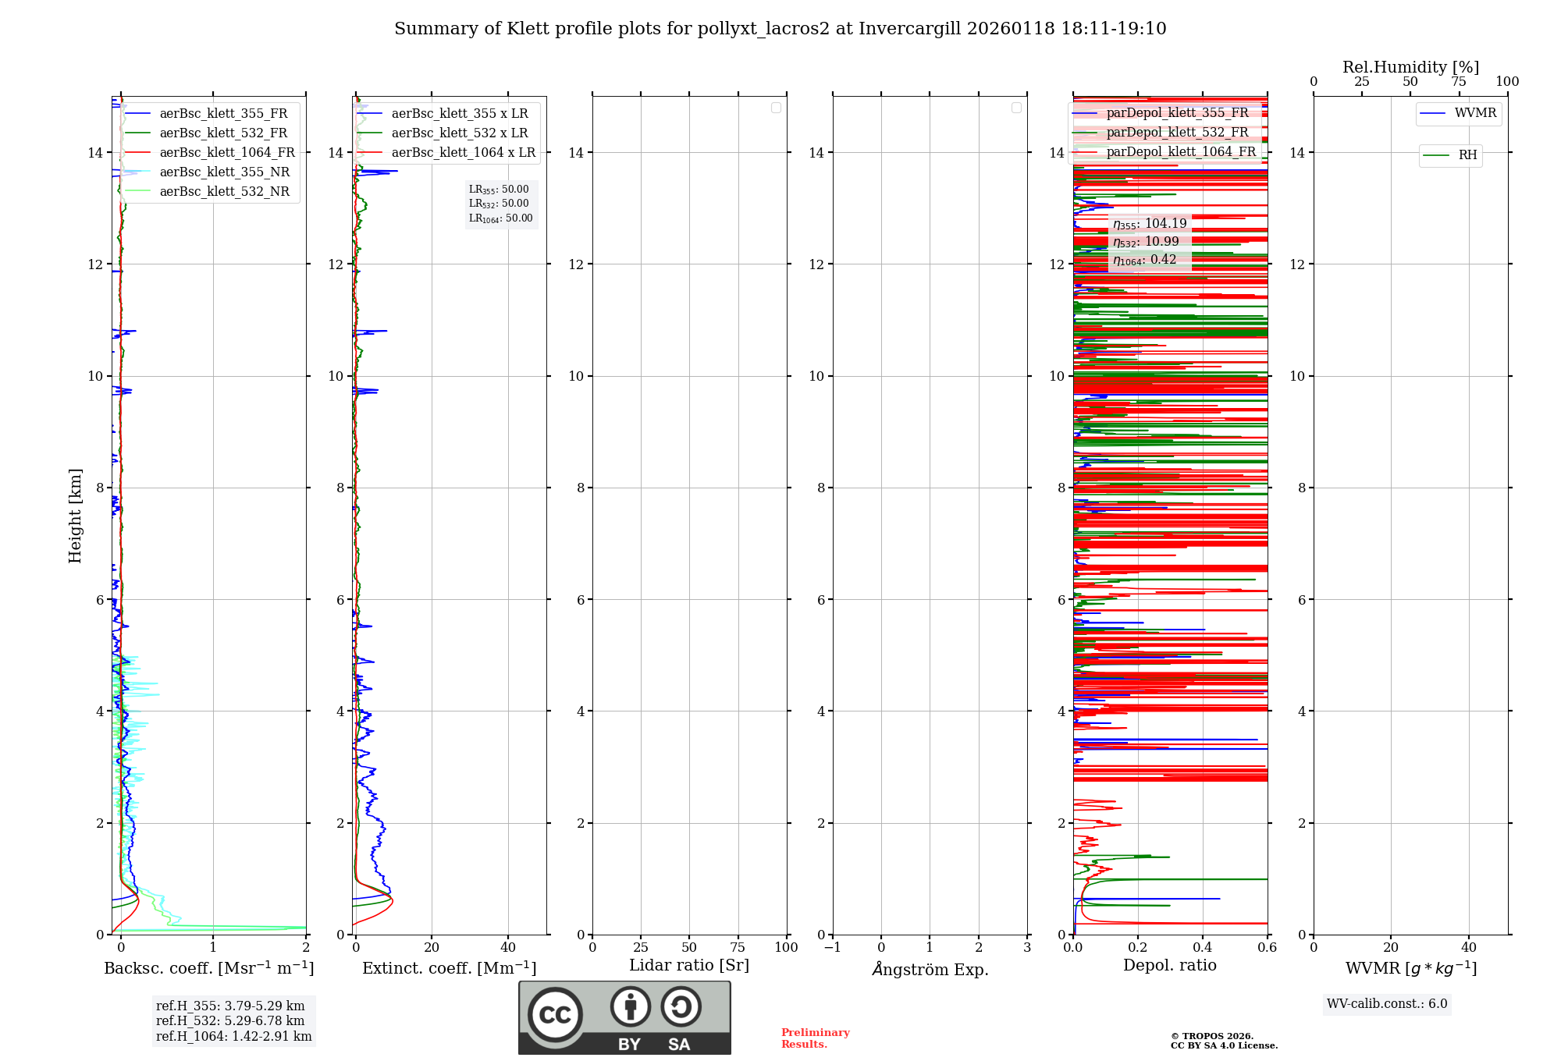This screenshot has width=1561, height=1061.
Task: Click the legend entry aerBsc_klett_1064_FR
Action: [x=227, y=153]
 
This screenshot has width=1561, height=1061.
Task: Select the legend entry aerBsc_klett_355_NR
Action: [x=224, y=172]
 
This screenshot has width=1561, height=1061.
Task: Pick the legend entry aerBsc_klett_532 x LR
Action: [x=459, y=133]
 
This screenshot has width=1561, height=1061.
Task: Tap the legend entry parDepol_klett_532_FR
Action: [x=1177, y=133]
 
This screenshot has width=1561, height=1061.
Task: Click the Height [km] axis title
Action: [x=75, y=516]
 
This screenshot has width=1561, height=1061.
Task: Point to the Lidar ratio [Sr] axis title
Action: [x=689, y=966]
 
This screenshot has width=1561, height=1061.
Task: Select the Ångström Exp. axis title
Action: [x=930, y=969]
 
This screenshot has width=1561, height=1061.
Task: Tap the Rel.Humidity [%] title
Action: [x=1410, y=67]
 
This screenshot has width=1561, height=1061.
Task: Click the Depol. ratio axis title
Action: [x=1169, y=966]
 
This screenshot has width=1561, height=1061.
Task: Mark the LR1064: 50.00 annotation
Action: [x=500, y=218]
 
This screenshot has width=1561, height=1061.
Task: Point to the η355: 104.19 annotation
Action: [x=1150, y=224]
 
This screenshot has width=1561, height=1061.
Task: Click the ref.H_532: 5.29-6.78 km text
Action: [x=230, y=1021]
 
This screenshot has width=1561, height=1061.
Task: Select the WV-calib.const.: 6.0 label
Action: [x=1387, y=1004]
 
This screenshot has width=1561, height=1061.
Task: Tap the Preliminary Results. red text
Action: [x=815, y=1038]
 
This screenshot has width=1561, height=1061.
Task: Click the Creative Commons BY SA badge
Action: [x=624, y=1018]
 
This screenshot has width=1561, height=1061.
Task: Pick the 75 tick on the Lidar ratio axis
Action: [x=738, y=948]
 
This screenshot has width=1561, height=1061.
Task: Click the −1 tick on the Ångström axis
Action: [x=832, y=948]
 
